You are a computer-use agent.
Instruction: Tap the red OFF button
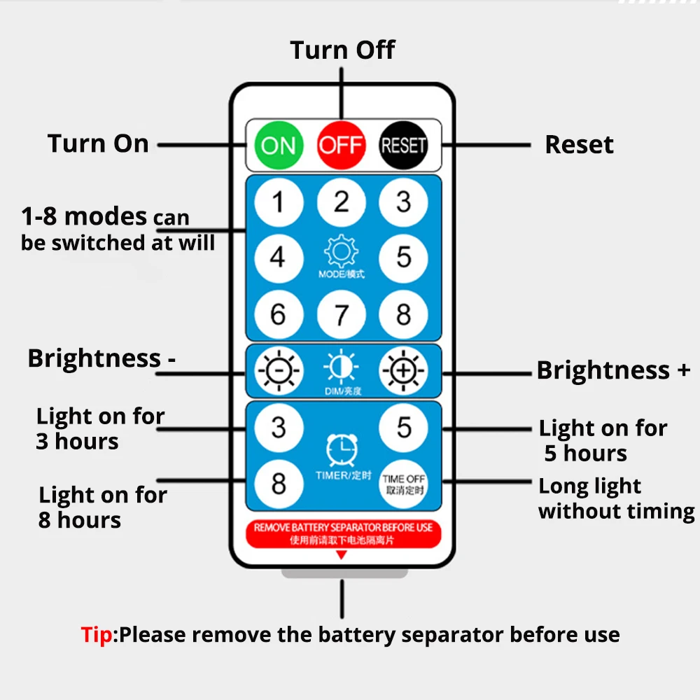point(341,145)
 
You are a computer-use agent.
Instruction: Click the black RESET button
point(403,145)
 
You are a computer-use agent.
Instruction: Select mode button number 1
point(278,202)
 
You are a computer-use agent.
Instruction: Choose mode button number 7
point(341,314)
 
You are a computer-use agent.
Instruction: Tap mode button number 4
point(278,258)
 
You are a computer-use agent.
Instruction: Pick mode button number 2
point(341,202)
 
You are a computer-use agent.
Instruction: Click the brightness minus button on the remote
point(278,370)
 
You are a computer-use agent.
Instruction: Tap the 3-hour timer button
point(278,427)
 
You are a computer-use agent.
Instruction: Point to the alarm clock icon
point(342,450)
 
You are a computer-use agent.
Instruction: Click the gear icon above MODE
point(342,251)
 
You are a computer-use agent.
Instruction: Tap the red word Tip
point(96,635)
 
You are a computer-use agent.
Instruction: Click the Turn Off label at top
point(342,50)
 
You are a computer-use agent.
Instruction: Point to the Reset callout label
point(579,145)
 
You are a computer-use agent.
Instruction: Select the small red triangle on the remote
point(342,555)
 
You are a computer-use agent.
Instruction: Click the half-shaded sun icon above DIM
point(342,367)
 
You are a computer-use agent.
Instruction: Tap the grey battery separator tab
point(344,573)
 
